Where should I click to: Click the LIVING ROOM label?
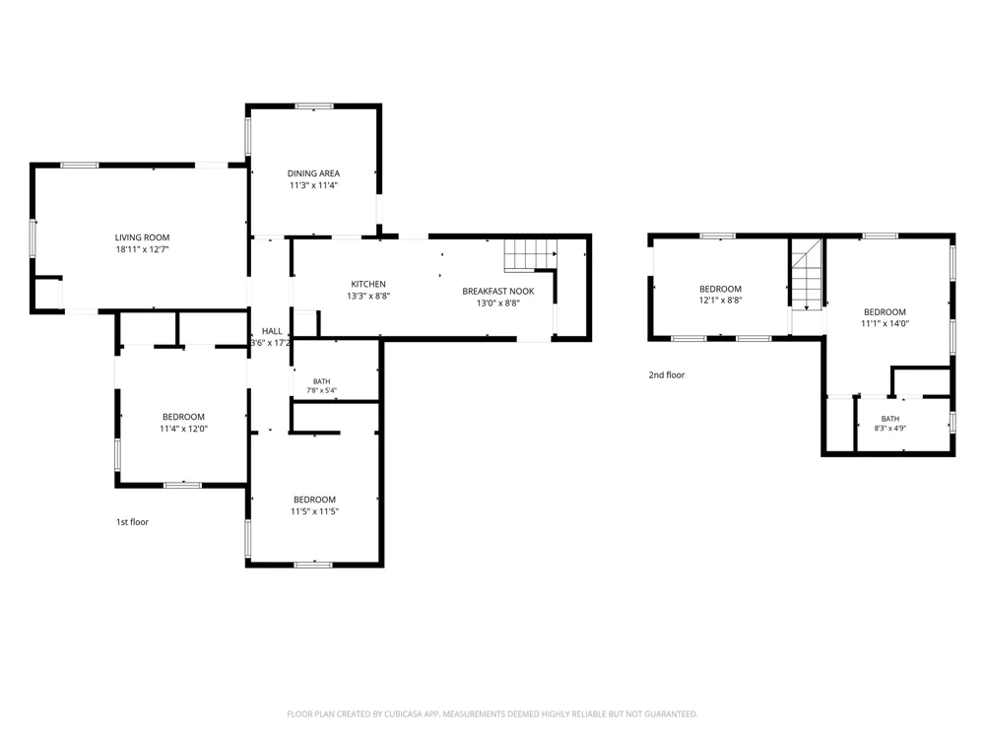[142, 237]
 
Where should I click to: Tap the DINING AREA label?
[313, 173]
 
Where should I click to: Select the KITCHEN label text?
[368, 284]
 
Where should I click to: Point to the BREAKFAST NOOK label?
[498, 292]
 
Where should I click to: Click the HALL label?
[272, 331]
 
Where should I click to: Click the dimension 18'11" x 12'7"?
[142, 249]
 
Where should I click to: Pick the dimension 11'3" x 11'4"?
[313, 185]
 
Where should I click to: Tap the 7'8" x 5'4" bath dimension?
[322, 390]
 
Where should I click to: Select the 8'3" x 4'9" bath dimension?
[890, 429]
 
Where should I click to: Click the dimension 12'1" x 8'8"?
[721, 301]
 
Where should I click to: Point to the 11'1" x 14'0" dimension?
[886, 323]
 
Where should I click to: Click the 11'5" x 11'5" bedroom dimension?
[315, 511]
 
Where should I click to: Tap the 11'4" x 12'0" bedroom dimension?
[183, 429]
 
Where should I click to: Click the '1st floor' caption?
[133, 522]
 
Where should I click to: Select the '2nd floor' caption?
[667, 375]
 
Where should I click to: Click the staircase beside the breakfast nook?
[530, 254]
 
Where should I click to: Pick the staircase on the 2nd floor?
[807, 274]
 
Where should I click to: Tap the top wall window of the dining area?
[314, 106]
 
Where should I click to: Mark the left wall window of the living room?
[33, 238]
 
